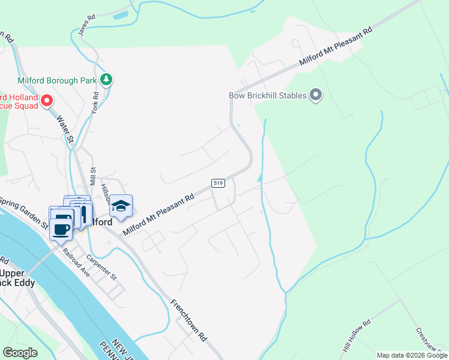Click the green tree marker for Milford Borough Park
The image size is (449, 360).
point(106,79)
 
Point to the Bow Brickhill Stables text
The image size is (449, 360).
point(268,95)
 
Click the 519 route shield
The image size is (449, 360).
point(217,182)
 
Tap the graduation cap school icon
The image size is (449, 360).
point(121,205)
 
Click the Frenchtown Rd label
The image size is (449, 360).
point(188,320)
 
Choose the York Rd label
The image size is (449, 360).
point(94,103)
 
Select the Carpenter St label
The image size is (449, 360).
point(100,268)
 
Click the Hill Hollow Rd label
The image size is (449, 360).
point(357,336)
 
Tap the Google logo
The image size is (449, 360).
point(20,353)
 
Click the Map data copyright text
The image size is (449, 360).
point(412,355)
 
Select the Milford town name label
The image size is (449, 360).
point(101,222)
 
